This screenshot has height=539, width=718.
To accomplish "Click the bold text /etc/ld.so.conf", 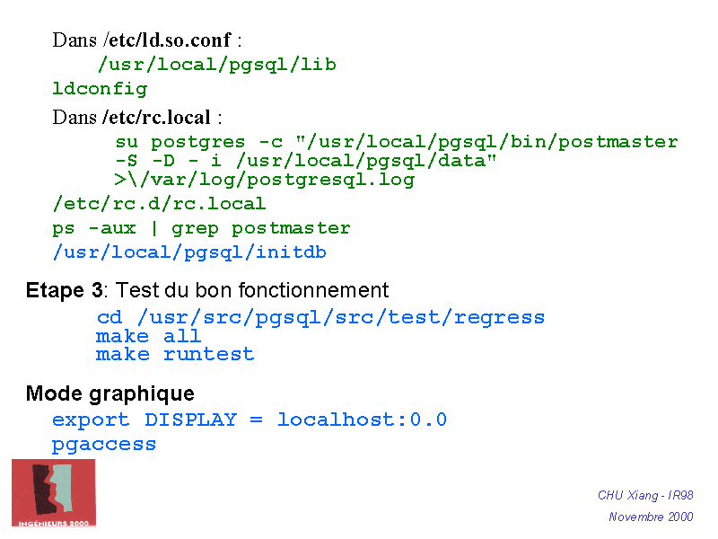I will click(168, 40).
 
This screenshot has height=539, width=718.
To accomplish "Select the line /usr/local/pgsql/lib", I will click(216, 65).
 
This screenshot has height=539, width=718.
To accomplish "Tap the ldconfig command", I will click(100, 89).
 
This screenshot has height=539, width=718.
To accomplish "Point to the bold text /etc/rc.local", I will click(157, 118).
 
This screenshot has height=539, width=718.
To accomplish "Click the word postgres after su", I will click(197, 142).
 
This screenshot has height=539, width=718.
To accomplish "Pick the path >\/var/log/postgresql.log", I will click(265, 180).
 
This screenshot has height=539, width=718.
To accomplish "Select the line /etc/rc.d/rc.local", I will click(159, 204).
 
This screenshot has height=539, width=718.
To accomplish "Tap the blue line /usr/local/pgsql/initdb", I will click(189, 252).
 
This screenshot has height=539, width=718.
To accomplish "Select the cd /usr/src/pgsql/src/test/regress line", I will click(320, 318).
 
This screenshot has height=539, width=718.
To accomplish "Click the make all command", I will click(149, 336).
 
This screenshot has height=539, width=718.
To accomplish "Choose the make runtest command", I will click(175, 355).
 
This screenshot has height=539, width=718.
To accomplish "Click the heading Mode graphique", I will click(109, 393).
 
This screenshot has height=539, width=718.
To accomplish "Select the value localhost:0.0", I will click(362, 420).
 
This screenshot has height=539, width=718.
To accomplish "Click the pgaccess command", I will click(104, 445).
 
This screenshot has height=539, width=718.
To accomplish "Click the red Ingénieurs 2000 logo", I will click(53, 492).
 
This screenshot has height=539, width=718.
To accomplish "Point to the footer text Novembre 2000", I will click(651, 517).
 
